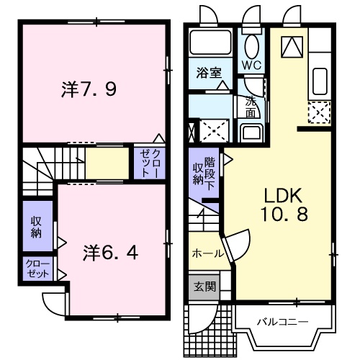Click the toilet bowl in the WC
251,45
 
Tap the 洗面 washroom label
250,107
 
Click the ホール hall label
207,253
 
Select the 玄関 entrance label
204,286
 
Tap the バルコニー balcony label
283,320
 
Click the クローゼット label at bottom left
37,269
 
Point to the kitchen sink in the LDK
320,81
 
